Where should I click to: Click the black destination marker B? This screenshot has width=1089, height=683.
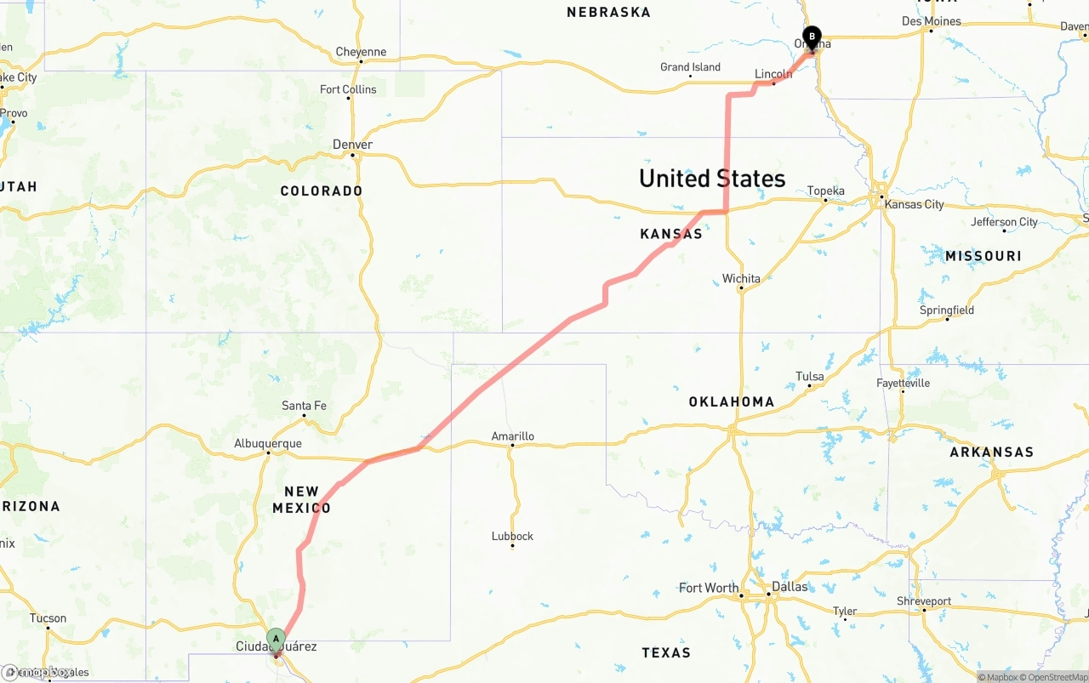tap(812, 37)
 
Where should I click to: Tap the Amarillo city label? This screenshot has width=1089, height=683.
tap(513, 436)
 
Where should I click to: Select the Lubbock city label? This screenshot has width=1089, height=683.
tap(512, 536)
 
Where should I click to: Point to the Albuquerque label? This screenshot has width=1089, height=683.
tap(268, 443)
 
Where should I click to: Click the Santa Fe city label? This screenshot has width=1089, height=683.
tap(304, 406)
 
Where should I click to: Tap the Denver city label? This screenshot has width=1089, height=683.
tap(352, 145)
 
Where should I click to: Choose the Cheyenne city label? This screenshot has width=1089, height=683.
tap(361, 52)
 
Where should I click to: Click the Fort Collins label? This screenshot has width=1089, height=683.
tap(348, 89)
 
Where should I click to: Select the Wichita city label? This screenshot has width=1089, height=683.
tap(741, 278)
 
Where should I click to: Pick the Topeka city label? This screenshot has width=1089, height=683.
tap(825, 191)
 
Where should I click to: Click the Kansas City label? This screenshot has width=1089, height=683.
tap(914, 204)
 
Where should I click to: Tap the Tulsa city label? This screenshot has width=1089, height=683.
tap(810, 376)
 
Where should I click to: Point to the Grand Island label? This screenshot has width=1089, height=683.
tap(691, 67)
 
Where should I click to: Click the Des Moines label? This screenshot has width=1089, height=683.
tap(931, 21)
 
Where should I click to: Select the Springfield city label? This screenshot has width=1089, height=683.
tap(947, 310)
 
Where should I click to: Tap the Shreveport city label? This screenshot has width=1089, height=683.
tap(923, 600)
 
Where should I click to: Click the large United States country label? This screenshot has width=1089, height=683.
tap(712, 179)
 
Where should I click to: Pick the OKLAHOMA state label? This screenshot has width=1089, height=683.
tap(732, 401)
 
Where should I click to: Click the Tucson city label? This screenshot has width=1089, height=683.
tap(48, 618)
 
